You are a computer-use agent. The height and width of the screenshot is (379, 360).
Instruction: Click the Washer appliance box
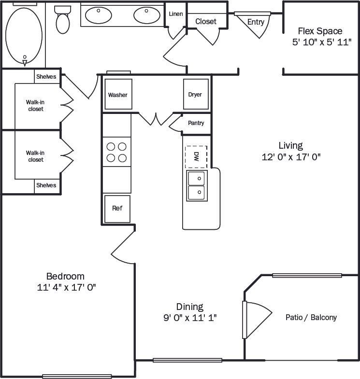(118, 95)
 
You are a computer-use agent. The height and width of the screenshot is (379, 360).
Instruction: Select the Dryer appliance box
(195, 95)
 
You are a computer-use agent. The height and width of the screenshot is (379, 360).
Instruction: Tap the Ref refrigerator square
(117, 209)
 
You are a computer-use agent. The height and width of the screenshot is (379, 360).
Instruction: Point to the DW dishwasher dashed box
(196, 156)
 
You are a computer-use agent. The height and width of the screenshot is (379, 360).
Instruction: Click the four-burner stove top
(116, 152)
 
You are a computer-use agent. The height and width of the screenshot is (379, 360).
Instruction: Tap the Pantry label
(196, 123)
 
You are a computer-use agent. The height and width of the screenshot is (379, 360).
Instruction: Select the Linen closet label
(176, 14)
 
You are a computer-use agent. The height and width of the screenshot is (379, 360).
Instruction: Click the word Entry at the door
(256, 22)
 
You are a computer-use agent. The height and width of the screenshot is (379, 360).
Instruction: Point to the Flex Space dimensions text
(321, 42)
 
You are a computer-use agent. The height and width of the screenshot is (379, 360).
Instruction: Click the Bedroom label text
(65, 276)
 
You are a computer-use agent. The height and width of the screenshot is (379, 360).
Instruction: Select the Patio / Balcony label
(311, 317)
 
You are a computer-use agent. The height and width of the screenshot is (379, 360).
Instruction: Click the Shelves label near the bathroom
(46, 77)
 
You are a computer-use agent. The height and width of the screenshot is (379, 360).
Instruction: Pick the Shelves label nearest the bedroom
(46, 185)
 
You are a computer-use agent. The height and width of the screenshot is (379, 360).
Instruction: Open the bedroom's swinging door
(123, 247)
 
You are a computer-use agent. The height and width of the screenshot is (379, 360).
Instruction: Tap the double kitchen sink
(197, 185)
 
